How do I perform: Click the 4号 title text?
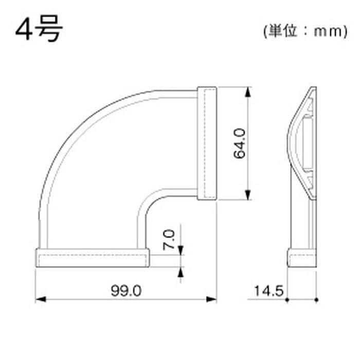coord(39,29)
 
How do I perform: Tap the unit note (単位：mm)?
coord(303,31)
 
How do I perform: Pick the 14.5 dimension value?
coord(268,291)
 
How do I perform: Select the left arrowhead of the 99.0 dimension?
coord(40,299)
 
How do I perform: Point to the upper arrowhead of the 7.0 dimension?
coord(181,250)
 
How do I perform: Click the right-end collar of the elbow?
coord(208,143)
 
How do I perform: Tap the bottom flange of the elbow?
coord(93,258)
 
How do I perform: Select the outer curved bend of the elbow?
coord(77,129)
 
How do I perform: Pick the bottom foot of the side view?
coord(302,258)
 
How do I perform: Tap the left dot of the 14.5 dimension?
coord(287,299)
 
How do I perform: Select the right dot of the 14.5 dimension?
coord(317,299)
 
